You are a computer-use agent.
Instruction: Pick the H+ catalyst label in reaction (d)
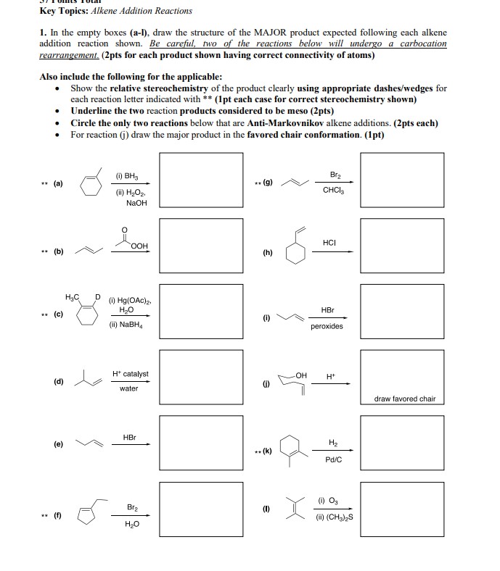[x=130, y=374]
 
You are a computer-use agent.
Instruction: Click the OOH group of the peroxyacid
[x=140, y=246]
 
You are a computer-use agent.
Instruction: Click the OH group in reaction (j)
[x=303, y=375]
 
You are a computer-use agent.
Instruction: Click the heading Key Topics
[x=64, y=10]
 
